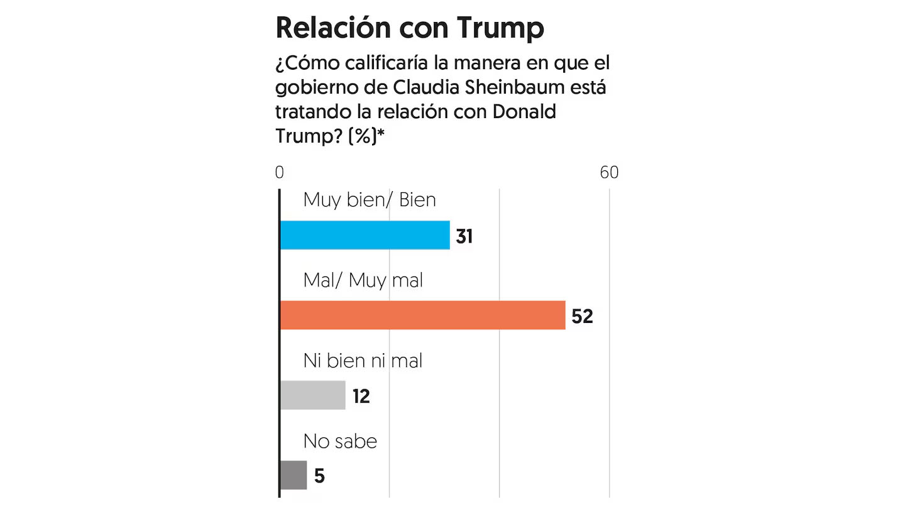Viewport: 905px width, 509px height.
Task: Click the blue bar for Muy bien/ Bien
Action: coord(365,235)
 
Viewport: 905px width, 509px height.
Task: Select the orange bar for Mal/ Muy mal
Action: coord(422,315)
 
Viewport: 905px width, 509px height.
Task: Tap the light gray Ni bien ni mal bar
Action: coord(312,395)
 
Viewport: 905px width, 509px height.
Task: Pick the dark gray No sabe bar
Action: coord(293,475)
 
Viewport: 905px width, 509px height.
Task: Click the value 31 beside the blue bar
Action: coord(464,236)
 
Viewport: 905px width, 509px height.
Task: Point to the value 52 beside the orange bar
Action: coord(582,316)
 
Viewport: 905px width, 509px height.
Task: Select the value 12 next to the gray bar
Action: coord(361,397)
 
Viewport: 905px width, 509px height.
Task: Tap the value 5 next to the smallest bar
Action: coord(319,476)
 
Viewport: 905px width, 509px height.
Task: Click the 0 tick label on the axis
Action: coord(280,172)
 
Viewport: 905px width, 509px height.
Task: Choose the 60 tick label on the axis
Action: coord(609,172)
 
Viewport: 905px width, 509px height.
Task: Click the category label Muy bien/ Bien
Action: coord(370,200)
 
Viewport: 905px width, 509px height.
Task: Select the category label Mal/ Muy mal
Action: coord(363,280)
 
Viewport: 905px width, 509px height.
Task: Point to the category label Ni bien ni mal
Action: coord(363,360)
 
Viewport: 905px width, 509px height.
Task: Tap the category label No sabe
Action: coord(340,441)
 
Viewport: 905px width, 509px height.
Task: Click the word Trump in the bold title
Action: coord(500,28)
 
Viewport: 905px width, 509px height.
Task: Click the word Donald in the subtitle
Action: coord(525,111)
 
